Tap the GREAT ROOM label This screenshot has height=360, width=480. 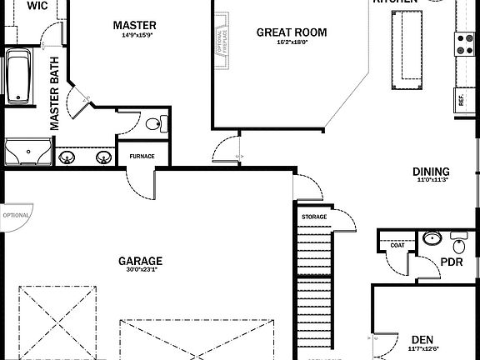pyautogui.click(x=291, y=32)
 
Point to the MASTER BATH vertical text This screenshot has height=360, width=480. pyautogui.click(x=54, y=92)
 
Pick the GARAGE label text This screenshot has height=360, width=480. pyautogui.click(x=139, y=260)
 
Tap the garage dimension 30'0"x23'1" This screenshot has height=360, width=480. pyautogui.click(x=139, y=270)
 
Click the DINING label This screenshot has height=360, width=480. pyautogui.click(x=431, y=172)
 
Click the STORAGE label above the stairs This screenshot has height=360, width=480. pyautogui.click(x=314, y=217)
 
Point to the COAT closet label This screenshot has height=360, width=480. pyautogui.click(x=397, y=245)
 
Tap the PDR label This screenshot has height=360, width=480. pyautogui.click(x=452, y=262)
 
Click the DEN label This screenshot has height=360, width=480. pyautogui.click(x=422, y=339)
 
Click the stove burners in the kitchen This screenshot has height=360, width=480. pyautogui.click(x=464, y=43)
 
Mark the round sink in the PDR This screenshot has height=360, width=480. pyautogui.click(x=431, y=238)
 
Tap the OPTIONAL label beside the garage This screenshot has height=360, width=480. pyautogui.click(x=16, y=214)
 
